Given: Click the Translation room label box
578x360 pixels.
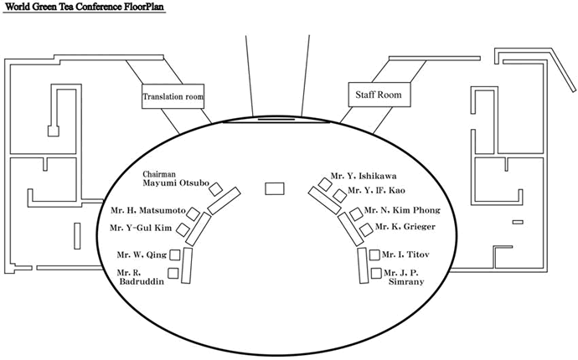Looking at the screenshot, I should pyautogui.click(x=173, y=96).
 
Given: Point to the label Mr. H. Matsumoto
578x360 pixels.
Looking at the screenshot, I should pyautogui.click(x=148, y=210).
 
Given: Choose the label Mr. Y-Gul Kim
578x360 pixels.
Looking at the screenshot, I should pyautogui.click(x=141, y=228).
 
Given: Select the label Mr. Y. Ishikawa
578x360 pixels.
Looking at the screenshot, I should pyautogui.click(x=357, y=177).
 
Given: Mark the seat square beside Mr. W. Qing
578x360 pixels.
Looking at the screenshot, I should pyautogui.click(x=175, y=254).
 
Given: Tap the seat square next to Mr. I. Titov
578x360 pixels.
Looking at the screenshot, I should pyautogui.click(x=374, y=255).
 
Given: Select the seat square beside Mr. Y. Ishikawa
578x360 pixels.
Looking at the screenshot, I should pyautogui.click(x=325, y=183).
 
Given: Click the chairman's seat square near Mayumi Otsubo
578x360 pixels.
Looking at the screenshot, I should pyautogui.click(x=216, y=188).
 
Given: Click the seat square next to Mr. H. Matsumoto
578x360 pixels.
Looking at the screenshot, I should pyautogui.click(x=194, y=213).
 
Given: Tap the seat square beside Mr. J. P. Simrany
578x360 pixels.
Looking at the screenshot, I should pyautogui.click(x=375, y=273).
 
